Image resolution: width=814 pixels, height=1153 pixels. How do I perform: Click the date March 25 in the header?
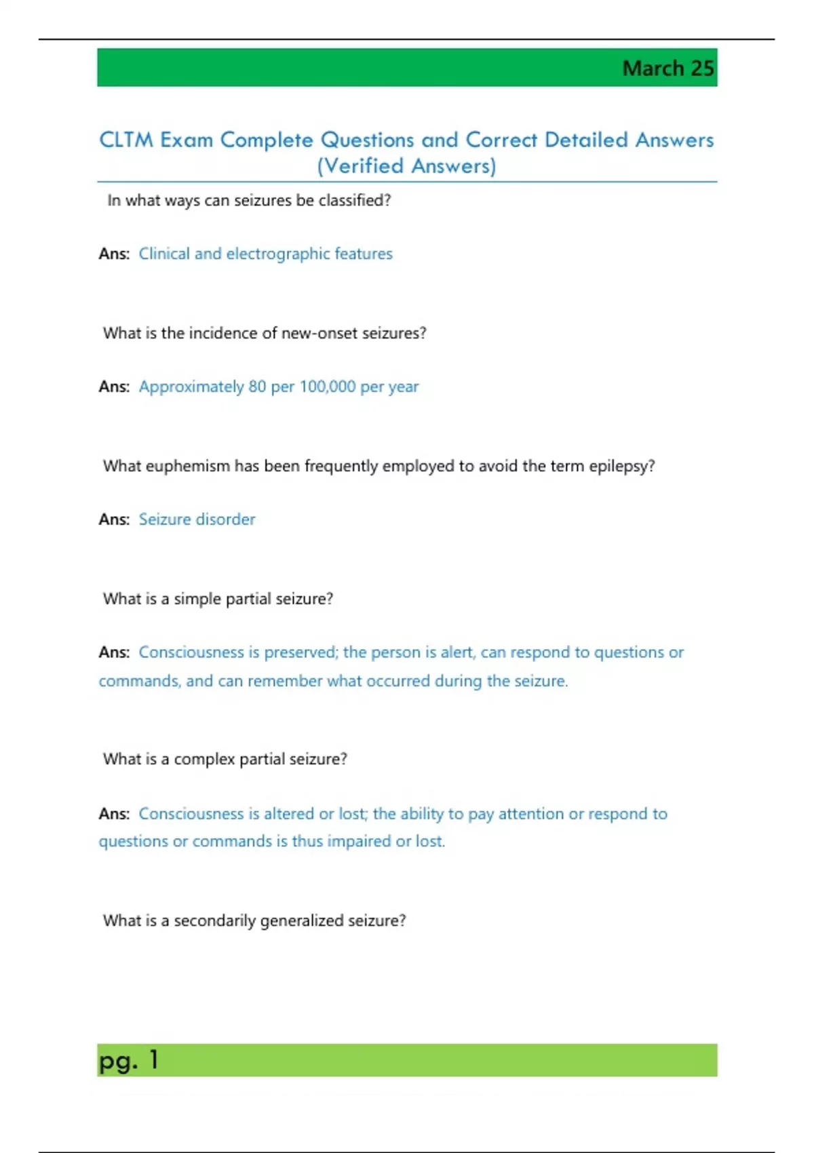click(667, 69)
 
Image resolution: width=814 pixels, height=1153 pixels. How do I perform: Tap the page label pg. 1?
click(128, 1060)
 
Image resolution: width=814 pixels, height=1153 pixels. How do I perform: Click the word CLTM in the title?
click(126, 140)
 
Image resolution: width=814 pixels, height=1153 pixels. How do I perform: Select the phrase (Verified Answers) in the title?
click(406, 166)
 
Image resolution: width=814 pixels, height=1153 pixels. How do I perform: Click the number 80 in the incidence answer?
click(257, 387)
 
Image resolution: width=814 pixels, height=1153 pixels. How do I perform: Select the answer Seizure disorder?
click(197, 520)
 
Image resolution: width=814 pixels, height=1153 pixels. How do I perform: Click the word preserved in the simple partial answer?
click(301, 652)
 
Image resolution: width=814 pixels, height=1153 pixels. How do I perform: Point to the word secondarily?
click(215, 920)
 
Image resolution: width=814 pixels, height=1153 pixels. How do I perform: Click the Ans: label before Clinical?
click(114, 254)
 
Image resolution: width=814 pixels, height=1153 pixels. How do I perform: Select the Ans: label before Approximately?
click(114, 387)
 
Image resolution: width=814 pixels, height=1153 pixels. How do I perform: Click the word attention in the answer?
click(531, 814)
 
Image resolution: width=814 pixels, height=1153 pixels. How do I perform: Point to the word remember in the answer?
click(284, 681)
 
